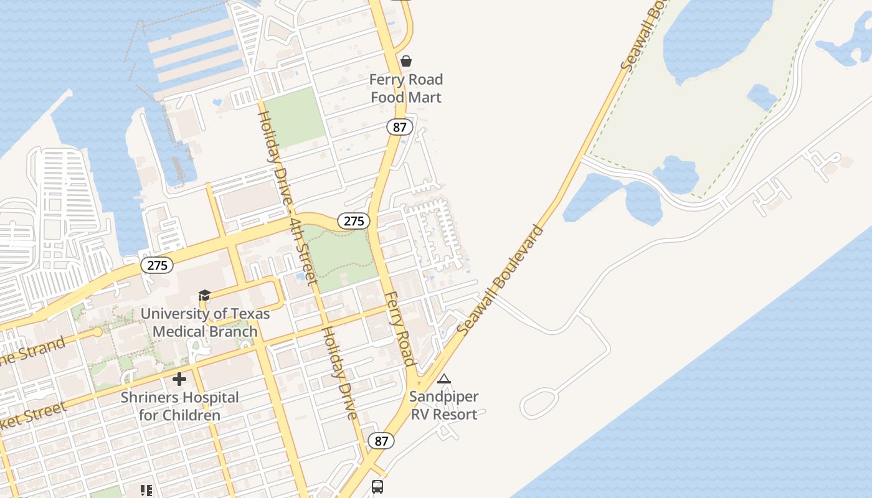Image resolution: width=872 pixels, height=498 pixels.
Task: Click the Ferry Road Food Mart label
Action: click(406, 88)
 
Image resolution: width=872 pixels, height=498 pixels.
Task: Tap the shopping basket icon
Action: click(406, 60)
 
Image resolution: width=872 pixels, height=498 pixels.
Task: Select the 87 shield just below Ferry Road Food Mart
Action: click(399, 127)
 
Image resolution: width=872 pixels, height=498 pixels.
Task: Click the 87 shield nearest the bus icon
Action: click(381, 441)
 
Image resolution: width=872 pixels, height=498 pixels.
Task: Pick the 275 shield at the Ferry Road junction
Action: click(354, 220)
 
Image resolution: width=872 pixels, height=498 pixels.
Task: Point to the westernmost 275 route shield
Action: click(157, 265)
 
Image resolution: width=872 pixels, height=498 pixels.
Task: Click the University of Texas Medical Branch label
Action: click(205, 322)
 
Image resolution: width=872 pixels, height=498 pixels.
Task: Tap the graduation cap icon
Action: click(204, 295)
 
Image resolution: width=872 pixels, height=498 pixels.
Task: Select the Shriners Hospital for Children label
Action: click(179, 406)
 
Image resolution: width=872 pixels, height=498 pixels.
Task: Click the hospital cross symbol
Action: click(179, 378)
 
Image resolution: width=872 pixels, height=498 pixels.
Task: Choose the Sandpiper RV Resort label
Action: click(444, 405)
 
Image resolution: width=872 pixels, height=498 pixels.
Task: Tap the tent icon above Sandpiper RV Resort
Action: click(444, 378)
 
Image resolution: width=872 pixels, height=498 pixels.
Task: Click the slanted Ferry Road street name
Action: click(399, 328)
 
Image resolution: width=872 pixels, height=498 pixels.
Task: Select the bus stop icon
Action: click(377, 487)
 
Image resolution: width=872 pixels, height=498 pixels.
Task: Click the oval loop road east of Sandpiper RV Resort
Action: click(540, 403)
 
